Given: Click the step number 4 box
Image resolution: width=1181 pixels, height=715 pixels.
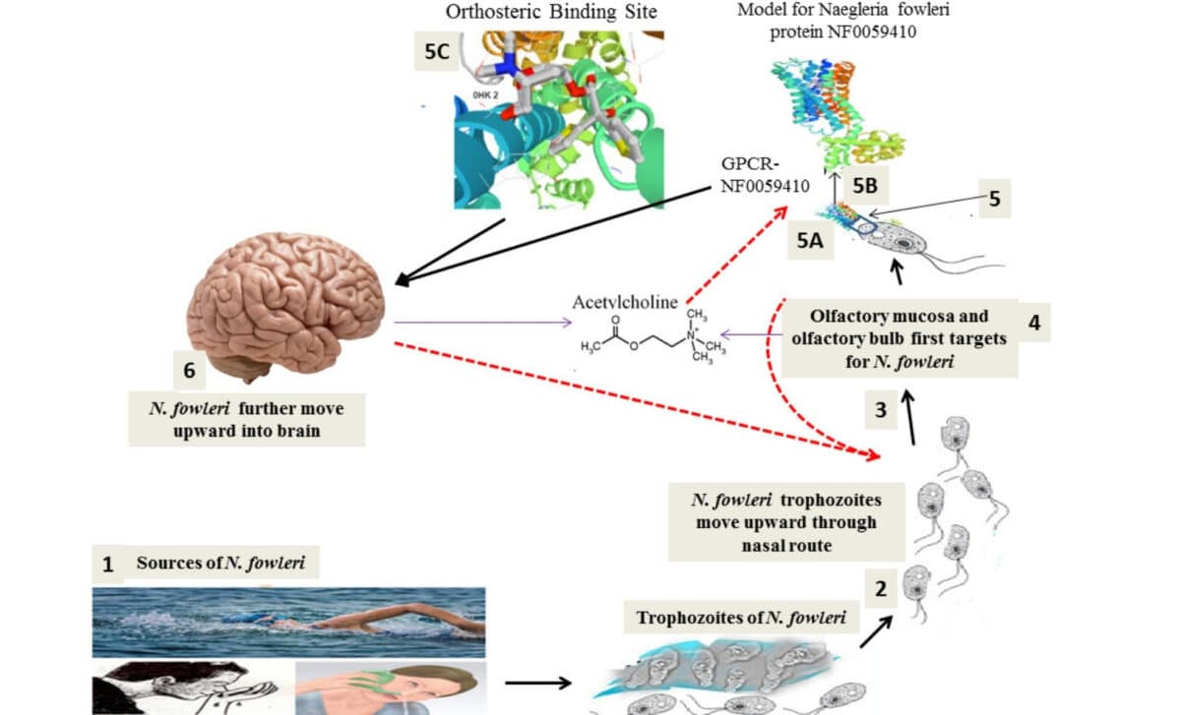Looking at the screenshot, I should tap(1033, 322).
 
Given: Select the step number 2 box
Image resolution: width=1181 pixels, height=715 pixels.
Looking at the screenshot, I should tap(881, 589).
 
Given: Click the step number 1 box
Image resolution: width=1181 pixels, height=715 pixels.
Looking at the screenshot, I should tap(108, 565).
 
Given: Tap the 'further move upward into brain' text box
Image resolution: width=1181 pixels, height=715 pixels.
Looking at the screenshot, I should tap(247, 419).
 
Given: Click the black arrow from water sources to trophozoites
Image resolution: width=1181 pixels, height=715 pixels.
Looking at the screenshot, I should tap(537, 683).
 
